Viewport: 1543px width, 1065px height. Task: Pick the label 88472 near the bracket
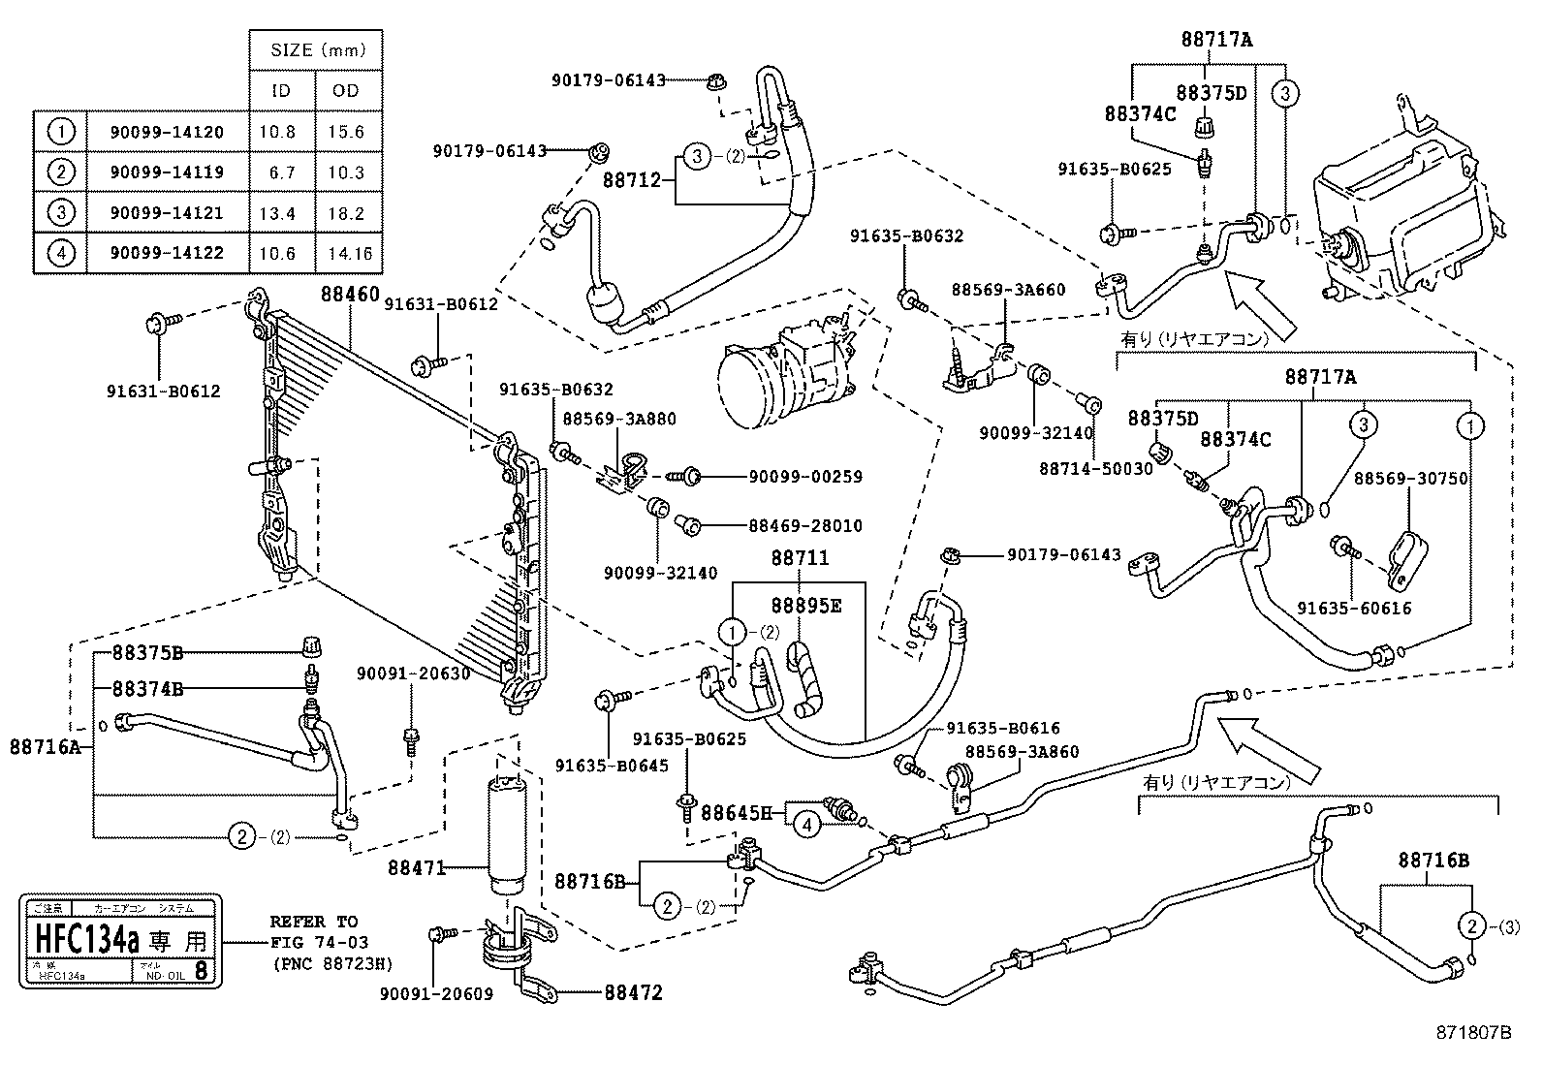(634, 993)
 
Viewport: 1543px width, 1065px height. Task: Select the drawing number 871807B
(1473, 1033)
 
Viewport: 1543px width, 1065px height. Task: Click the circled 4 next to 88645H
(806, 825)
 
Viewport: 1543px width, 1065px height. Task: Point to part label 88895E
(806, 606)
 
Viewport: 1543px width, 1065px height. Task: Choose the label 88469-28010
(804, 525)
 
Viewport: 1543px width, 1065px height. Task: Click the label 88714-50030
(1096, 468)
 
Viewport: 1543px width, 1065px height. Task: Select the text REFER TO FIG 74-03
(314, 931)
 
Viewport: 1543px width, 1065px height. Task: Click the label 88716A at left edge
(45, 746)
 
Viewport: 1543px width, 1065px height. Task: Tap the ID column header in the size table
(280, 90)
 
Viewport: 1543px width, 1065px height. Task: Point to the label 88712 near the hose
(631, 179)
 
